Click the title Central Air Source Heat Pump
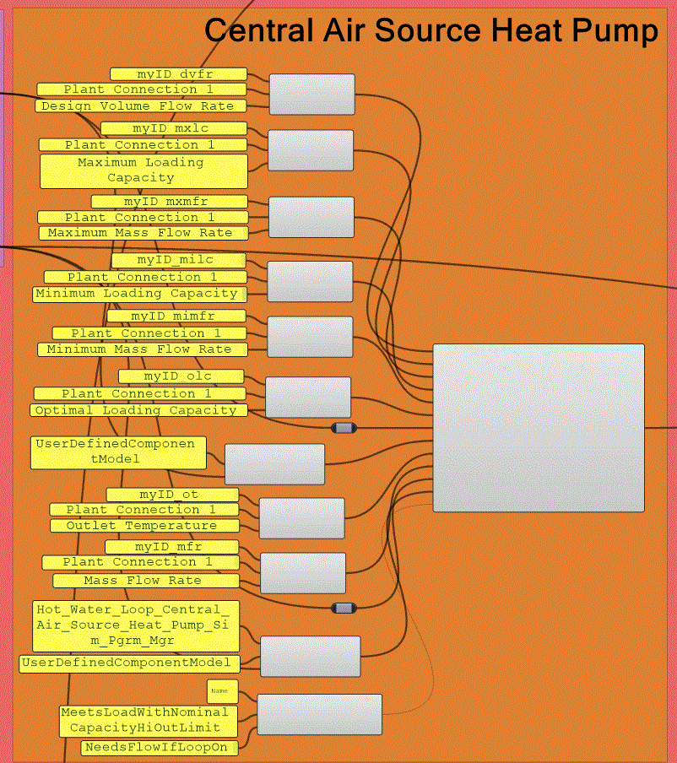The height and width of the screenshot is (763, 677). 431,31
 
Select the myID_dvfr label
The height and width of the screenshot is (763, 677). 178,74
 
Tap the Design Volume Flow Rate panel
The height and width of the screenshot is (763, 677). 141,106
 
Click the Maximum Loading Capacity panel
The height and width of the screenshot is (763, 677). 144,170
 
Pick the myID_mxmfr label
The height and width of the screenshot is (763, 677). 169,202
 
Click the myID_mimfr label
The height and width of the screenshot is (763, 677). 177,317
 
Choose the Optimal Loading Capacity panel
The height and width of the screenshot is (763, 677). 140,410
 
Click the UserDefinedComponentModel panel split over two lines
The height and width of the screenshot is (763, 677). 118,452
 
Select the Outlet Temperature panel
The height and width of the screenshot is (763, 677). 141,526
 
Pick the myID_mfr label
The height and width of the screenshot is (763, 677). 171,547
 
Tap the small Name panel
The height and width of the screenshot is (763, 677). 222,691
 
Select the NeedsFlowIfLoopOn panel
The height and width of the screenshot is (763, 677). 160,748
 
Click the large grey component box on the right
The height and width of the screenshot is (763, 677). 538,428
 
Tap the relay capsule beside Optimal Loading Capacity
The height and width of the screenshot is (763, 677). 344,428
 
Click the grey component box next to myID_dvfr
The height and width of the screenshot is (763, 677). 311,94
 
